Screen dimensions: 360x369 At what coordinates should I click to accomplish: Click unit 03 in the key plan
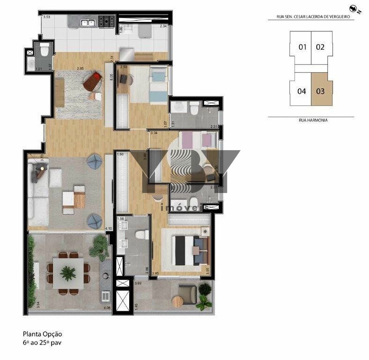(x=320, y=91)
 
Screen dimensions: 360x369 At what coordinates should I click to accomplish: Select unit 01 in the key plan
(x=302, y=47)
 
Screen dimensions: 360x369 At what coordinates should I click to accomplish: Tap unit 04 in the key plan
(x=302, y=91)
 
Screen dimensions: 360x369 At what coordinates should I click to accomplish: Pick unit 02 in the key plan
(x=320, y=47)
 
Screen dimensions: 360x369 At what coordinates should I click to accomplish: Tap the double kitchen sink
(x=88, y=23)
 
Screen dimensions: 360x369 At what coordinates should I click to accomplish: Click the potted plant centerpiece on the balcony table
(x=68, y=273)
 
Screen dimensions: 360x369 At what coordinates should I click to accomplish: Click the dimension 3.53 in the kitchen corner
(x=46, y=17)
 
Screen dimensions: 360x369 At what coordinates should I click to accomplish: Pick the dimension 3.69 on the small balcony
(x=138, y=284)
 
